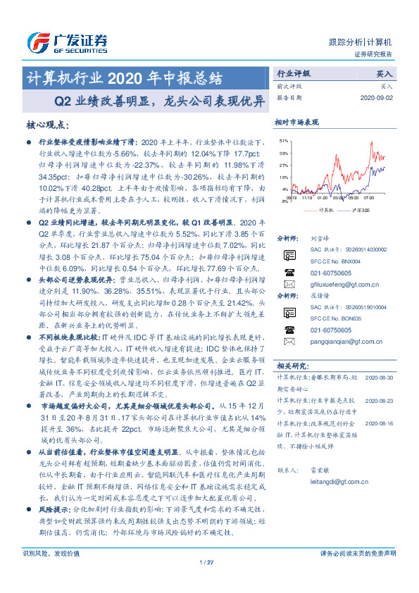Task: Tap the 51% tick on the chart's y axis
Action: [283, 140]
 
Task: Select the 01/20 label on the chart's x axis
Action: [322, 199]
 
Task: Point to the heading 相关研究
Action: [290, 366]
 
